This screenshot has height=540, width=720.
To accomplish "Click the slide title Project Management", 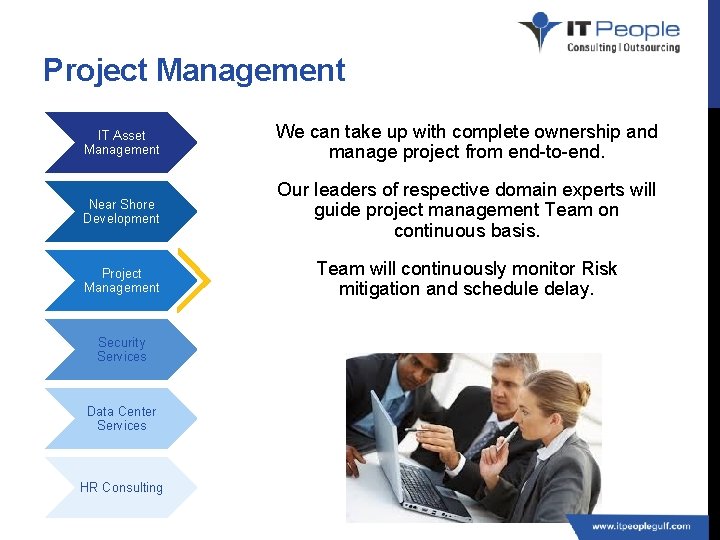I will pos(194,71).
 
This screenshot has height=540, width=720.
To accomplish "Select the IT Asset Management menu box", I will pos(121,142).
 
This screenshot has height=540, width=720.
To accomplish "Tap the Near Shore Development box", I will pos(121,211).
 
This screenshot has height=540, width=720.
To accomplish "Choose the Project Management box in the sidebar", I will pos(121,280).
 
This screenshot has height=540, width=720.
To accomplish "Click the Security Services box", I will pos(121,349).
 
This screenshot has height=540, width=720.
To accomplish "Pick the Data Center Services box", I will pos(121,418).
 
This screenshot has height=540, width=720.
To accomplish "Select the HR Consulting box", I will pos(121,487).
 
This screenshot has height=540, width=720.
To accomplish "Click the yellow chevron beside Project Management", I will pos(201,280).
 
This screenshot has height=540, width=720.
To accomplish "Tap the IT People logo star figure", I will pos(541,30).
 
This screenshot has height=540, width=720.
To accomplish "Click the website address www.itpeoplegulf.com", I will pos(640,526).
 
